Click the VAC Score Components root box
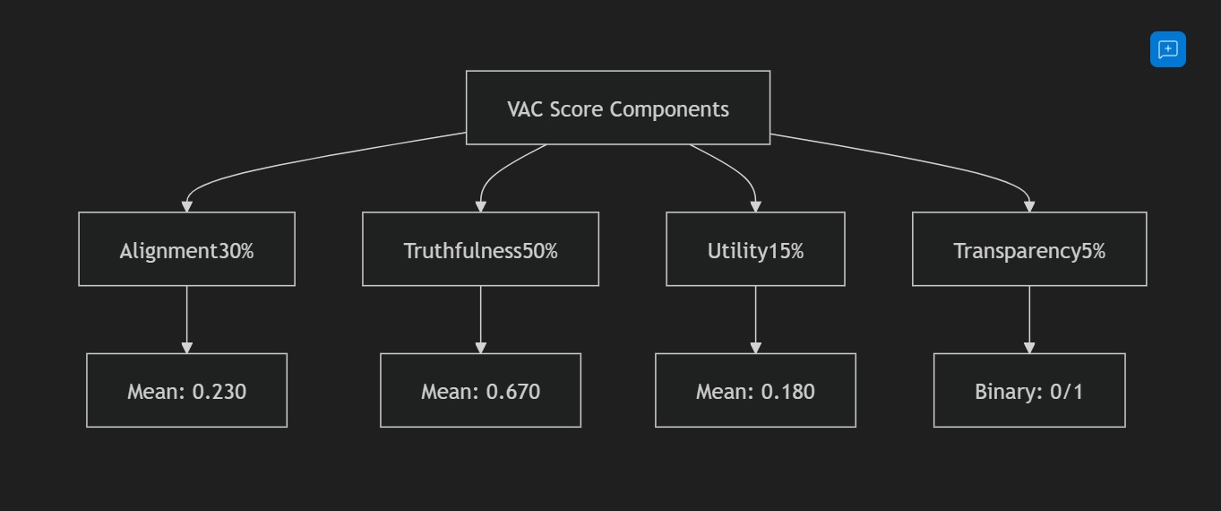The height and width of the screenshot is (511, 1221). (x=617, y=108)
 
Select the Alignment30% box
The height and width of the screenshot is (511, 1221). (x=186, y=249)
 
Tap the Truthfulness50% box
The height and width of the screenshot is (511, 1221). (x=480, y=249)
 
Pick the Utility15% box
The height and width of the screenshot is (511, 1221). (x=755, y=249)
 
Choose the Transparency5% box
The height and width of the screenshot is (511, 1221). (x=1029, y=249)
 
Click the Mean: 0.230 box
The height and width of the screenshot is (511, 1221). (x=186, y=390)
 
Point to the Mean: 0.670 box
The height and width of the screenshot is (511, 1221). (x=480, y=390)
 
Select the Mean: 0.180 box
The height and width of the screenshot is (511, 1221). (x=755, y=390)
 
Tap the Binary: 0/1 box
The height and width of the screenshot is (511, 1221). (x=1029, y=390)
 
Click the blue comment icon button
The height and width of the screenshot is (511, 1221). (x=1167, y=49)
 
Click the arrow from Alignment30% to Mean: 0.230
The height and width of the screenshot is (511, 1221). (x=186, y=318)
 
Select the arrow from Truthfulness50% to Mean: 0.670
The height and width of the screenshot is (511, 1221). (x=480, y=318)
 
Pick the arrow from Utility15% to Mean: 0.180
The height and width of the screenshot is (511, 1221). (x=755, y=318)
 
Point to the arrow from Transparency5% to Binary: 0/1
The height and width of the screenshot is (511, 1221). (x=1029, y=318)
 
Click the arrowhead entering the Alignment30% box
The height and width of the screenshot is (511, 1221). (x=186, y=206)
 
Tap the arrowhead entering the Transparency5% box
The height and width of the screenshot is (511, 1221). (x=1029, y=206)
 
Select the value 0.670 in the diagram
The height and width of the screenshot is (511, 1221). (x=512, y=392)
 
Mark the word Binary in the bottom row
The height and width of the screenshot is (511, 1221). (x=1002, y=392)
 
